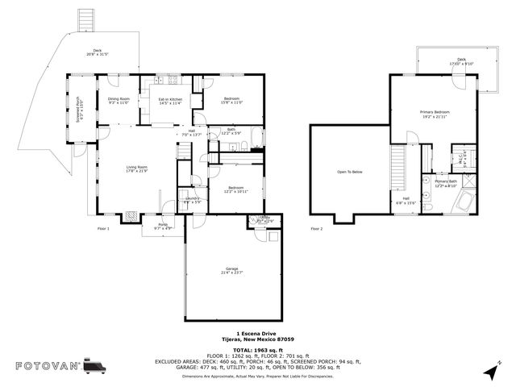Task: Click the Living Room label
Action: (x=136, y=169)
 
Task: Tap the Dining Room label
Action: (x=119, y=101)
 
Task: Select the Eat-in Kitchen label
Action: (x=170, y=101)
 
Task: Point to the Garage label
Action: (x=232, y=271)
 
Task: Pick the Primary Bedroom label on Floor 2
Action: (x=435, y=114)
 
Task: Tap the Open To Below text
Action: (x=349, y=172)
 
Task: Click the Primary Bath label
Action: (x=447, y=184)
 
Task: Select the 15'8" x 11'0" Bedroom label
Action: (x=232, y=101)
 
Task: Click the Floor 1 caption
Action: (x=103, y=229)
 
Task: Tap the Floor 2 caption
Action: (x=317, y=229)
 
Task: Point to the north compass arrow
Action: (x=489, y=370)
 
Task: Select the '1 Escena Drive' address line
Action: (x=258, y=334)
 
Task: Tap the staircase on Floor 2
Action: (x=399, y=165)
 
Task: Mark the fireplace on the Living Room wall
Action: (x=130, y=216)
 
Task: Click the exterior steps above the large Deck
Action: (x=84, y=19)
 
